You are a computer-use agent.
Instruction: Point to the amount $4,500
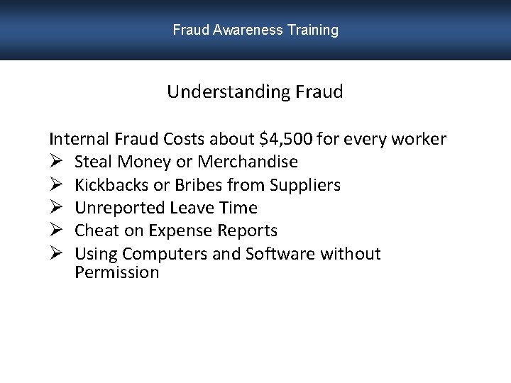[x=285, y=139]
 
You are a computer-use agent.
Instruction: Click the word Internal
[x=77, y=139]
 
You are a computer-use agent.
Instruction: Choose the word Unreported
[x=120, y=209]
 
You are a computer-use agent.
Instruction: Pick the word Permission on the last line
[x=117, y=272]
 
